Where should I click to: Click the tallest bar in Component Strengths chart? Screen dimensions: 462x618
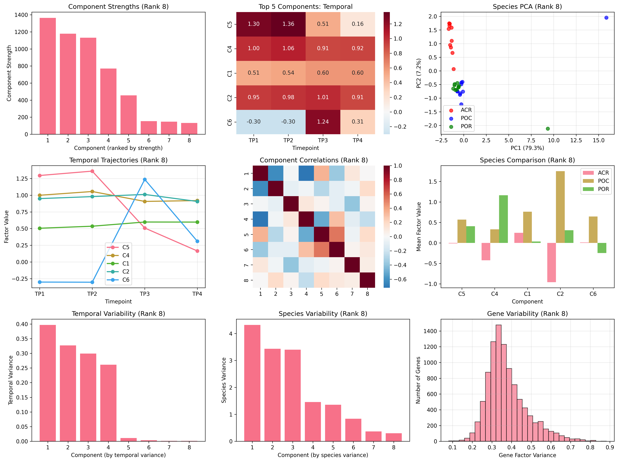pyautogui.click(x=48, y=76)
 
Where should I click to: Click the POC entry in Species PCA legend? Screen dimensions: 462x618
pyautogui.click(x=466, y=118)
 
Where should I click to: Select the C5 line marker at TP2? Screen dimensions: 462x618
pyautogui.click(x=92, y=171)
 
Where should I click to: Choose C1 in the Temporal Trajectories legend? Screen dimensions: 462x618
pyautogui.click(x=126, y=263)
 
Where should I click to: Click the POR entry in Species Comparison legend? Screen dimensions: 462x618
pyautogui.click(x=603, y=189)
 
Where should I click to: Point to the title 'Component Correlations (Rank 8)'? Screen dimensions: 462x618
pyautogui.click(x=314, y=160)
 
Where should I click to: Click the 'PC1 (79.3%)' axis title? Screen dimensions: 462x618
pyautogui.click(x=527, y=148)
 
